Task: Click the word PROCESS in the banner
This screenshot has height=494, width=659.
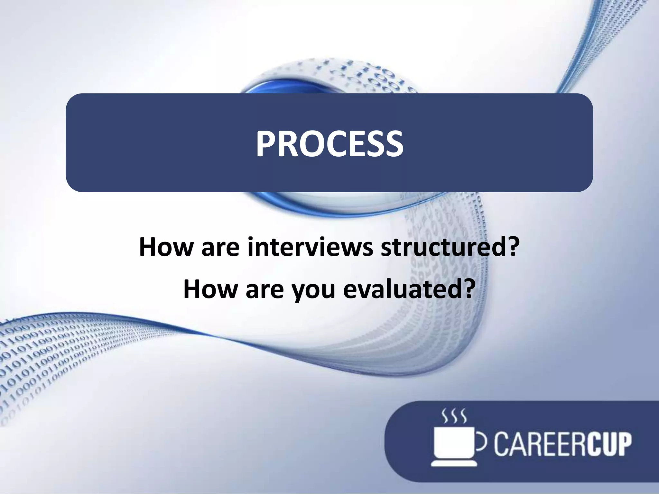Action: (x=329, y=144)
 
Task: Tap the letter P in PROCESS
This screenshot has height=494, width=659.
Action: (x=267, y=144)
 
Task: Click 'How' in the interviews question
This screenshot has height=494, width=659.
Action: (x=165, y=247)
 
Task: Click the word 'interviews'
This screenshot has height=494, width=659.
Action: (x=310, y=247)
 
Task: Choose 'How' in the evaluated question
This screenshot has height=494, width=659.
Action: (x=210, y=289)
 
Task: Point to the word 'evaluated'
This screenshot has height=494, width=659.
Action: (x=400, y=289)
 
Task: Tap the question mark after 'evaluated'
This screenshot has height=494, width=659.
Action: (x=469, y=289)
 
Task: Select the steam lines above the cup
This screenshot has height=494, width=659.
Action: (x=454, y=416)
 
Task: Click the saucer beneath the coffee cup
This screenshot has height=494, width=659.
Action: (x=454, y=463)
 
